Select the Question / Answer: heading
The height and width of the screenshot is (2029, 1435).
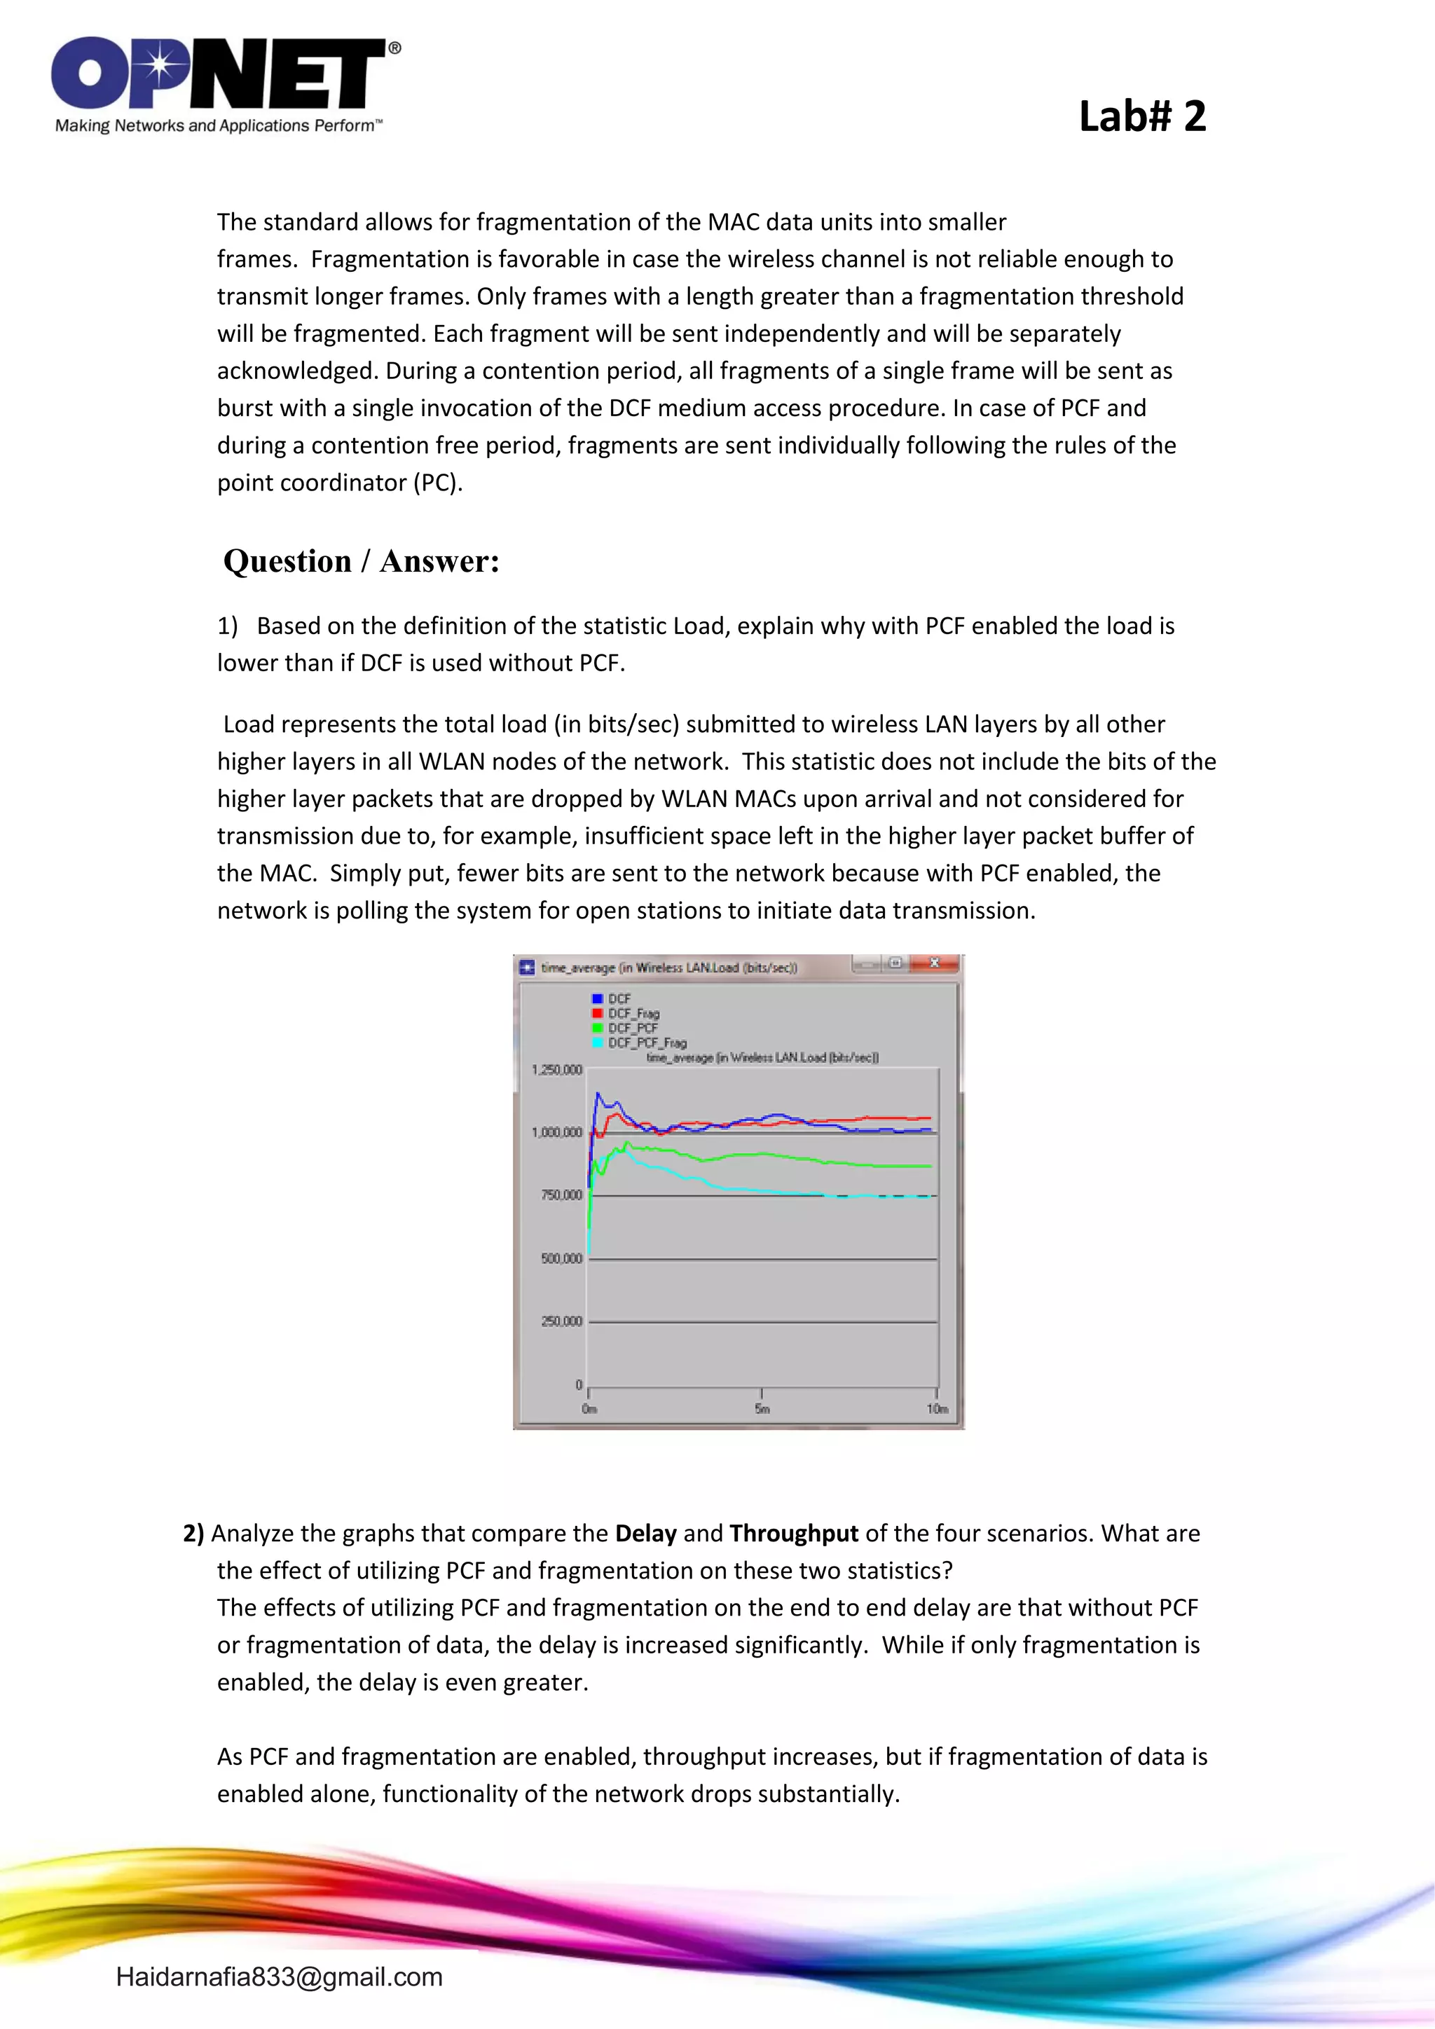click(x=362, y=561)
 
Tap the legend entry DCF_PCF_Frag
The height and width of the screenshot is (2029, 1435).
click(x=646, y=1043)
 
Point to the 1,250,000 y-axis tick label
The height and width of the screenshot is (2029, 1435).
click(x=556, y=1070)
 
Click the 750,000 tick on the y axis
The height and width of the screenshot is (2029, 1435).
click(x=561, y=1195)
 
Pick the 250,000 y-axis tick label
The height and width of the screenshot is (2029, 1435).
click(x=561, y=1321)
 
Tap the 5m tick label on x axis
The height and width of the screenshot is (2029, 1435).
click(x=762, y=1409)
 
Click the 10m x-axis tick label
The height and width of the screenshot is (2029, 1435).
click(x=937, y=1409)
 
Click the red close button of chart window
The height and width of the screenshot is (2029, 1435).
click(x=934, y=963)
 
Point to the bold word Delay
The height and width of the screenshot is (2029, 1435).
click(x=645, y=1533)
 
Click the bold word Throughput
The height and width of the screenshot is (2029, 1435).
click(x=793, y=1533)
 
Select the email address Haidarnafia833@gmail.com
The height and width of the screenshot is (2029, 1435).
click(x=280, y=1977)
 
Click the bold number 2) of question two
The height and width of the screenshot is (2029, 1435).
click(x=193, y=1533)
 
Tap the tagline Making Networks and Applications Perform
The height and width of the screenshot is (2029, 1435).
click(x=218, y=125)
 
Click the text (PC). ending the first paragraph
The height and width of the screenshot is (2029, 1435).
click(x=437, y=483)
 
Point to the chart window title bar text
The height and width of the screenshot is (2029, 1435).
click(x=669, y=968)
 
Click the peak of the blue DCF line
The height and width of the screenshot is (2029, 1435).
click(x=597, y=1094)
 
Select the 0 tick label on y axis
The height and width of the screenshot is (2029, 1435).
click(x=579, y=1384)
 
